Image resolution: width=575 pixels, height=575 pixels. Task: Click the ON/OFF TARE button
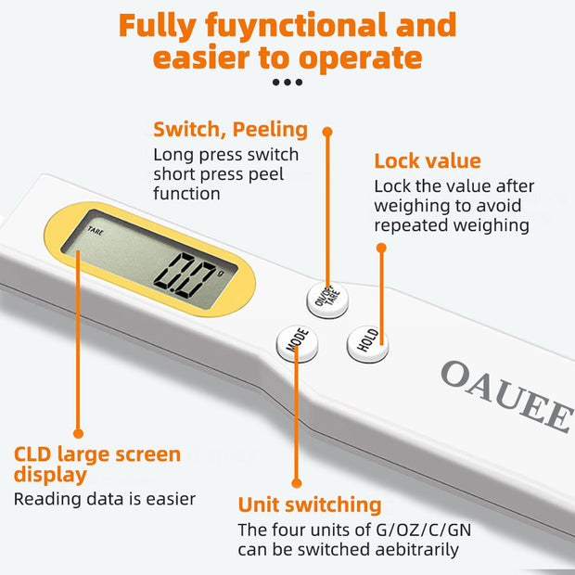point(326,297)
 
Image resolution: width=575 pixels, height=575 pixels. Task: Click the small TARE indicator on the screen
point(96,231)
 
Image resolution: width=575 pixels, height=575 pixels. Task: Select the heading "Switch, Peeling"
point(230,129)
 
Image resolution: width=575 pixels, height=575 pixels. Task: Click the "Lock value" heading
point(428,161)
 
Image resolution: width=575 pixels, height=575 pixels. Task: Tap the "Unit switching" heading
point(310,505)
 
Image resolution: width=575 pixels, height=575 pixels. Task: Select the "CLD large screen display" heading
point(97,464)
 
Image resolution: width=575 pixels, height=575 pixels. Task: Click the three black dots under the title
point(287,83)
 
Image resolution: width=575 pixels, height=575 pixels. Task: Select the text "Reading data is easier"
point(105,499)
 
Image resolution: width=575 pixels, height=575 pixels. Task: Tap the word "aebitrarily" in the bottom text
point(413,549)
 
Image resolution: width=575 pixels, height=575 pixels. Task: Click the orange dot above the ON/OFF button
point(327,132)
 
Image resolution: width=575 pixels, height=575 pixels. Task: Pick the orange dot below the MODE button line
point(296,482)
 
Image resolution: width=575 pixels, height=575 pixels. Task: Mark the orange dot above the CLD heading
point(79,433)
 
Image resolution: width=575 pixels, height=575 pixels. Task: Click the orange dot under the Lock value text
point(380,248)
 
